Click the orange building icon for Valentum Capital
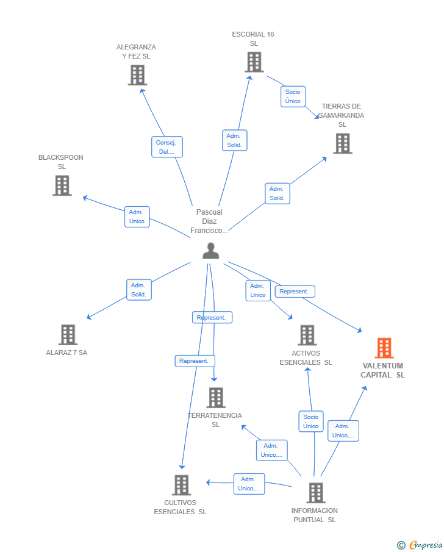pyautogui.click(x=384, y=348)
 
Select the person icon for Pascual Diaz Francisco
pyautogui.click(x=210, y=251)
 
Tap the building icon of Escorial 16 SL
pyautogui.click(x=254, y=62)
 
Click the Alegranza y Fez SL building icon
pyautogui.click(x=137, y=74)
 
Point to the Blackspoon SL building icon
pyautogui.click(x=62, y=185)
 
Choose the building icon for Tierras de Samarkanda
pyautogui.click(x=343, y=143)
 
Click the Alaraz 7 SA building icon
pyautogui.click(x=68, y=334)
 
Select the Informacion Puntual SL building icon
pyautogui.click(x=315, y=492)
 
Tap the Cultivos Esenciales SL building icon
pyautogui.click(x=181, y=485)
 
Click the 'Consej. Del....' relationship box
pyautogui.click(x=167, y=147)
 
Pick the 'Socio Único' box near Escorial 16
pyautogui.click(x=293, y=96)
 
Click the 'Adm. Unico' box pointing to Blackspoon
pyautogui.click(x=137, y=217)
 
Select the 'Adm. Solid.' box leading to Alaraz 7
pyautogui.click(x=138, y=290)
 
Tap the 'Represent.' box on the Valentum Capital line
pyautogui.click(x=295, y=292)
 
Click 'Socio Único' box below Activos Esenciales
pyautogui.click(x=310, y=421)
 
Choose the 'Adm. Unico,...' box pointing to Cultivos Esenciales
pyautogui.click(x=249, y=484)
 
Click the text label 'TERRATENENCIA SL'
pyautogui.click(x=215, y=420)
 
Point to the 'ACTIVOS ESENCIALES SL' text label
pyautogui.click(x=306, y=357)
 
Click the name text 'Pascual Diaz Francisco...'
pyautogui.click(x=209, y=221)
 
